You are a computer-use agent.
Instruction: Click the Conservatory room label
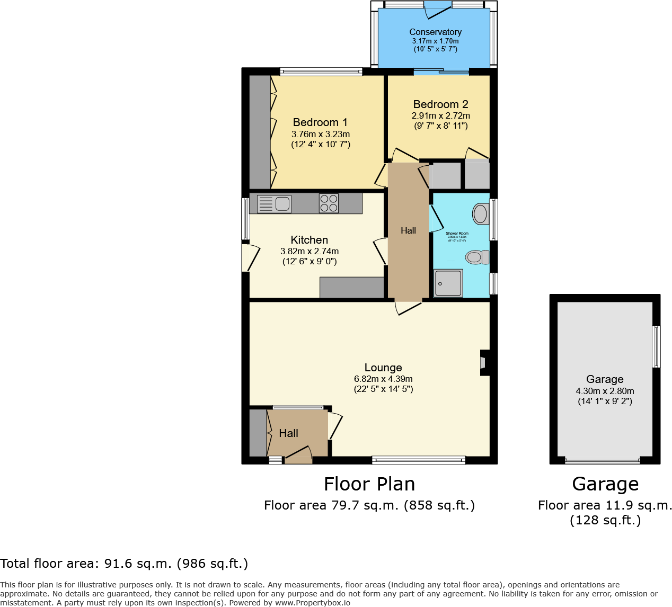tap(435, 32)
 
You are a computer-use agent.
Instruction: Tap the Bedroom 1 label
tap(320, 122)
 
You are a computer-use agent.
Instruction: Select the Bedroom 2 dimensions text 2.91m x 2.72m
tap(441, 115)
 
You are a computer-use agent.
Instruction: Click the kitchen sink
tap(274, 203)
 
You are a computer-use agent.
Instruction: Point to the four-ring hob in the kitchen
tap(329, 203)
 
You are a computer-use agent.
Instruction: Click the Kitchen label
tap(309, 240)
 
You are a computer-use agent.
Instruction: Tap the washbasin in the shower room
tap(480, 214)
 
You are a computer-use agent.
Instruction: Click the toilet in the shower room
tap(476, 257)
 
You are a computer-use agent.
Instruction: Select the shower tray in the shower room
tap(448, 283)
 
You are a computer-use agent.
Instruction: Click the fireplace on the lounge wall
tap(484, 363)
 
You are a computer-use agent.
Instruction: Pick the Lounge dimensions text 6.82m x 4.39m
tap(383, 379)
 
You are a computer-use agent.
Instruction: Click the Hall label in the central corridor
tap(408, 230)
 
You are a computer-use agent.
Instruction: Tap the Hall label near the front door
tap(288, 433)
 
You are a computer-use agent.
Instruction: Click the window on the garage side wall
tap(656, 347)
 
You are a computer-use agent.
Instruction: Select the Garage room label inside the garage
tap(605, 379)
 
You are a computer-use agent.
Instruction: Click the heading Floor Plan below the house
tap(369, 484)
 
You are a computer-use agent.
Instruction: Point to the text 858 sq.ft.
tap(439, 505)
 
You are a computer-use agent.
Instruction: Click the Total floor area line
tap(124, 564)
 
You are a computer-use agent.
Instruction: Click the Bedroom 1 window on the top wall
tap(321, 72)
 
